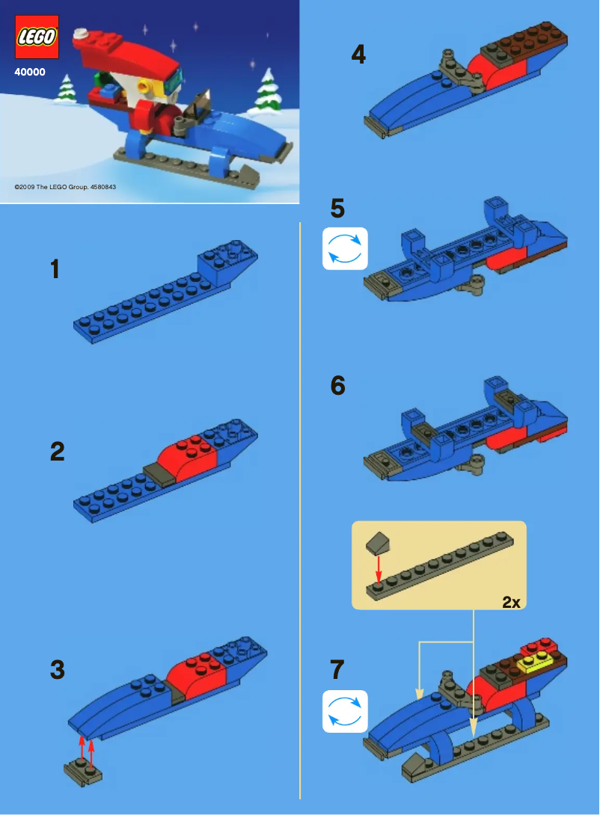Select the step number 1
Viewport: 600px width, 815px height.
[x=55, y=269]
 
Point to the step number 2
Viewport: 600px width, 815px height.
[x=58, y=452]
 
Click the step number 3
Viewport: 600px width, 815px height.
[x=58, y=670]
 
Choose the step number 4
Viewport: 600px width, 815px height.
[x=358, y=55]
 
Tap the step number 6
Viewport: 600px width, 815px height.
[x=338, y=386]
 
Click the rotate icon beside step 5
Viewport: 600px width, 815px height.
[x=345, y=248]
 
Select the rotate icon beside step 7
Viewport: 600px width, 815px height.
[x=345, y=711]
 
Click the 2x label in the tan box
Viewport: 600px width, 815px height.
[x=511, y=602]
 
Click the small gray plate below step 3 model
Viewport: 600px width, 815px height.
[x=83, y=771]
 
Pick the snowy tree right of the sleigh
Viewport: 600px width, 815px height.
[x=267, y=89]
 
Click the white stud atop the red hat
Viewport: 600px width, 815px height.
[x=81, y=33]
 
